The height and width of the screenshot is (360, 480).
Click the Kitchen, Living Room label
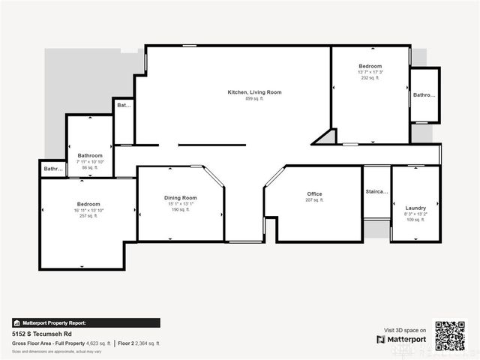(x=254, y=92)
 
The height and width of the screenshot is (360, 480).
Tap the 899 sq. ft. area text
(x=254, y=99)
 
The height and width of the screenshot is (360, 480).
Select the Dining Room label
(x=180, y=197)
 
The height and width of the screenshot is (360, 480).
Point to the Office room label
(x=314, y=194)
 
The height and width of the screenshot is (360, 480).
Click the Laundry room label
(x=415, y=208)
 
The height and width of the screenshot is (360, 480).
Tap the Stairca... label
(x=376, y=192)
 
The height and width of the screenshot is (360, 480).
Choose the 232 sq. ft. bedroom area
(x=370, y=77)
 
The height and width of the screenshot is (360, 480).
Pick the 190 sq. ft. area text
(x=180, y=210)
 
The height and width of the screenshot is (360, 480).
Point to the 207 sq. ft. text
(x=314, y=200)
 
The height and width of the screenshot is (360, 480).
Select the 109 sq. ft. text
(x=415, y=220)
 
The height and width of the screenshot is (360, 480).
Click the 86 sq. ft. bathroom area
(x=89, y=167)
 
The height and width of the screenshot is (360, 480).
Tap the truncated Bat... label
(x=124, y=106)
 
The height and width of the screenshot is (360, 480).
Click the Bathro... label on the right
(x=424, y=95)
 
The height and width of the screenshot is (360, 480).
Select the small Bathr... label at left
(x=52, y=169)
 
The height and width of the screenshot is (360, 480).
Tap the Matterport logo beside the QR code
(x=406, y=339)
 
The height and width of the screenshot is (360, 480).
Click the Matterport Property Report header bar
(x=85, y=322)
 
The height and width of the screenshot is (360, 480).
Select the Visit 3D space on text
(x=405, y=330)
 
